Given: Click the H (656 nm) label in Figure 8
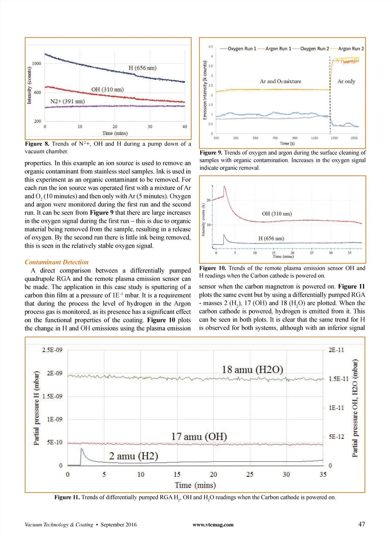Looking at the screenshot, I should pyautogui.click(x=142, y=68).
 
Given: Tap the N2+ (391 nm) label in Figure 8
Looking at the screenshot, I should pyautogui.click(x=67, y=101).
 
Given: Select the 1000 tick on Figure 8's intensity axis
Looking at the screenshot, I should pyautogui.click(x=37, y=64).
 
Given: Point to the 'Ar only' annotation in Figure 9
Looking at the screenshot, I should pyautogui.click(x=346, y=81).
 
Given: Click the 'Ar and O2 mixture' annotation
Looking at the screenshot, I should pyautogui.click(x=280, y=81).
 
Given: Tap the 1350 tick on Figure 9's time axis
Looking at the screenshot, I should pyautogui.click(x=334, y=138).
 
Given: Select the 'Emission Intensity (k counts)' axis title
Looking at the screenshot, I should pyautogui.click(x=205, y=90).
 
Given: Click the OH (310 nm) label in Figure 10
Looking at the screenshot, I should pyautogui.click(x=277, y=213).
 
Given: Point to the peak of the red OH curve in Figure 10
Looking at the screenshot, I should pyautogui.click(x=225, y=186).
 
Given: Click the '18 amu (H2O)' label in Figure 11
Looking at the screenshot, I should pyautogui.click(x=253, y=369).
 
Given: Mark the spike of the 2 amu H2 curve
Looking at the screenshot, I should pyautogui.click(x=82, y=449).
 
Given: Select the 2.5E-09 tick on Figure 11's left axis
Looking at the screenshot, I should pyautogui.click(x=52, y=350).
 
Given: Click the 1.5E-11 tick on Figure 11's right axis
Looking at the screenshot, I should pyautogui.click(x=339, y=379).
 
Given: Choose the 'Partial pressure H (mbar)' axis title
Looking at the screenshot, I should pyautogui.click(x=37, y=408).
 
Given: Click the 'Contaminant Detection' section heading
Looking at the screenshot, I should pyautogui.click(x=56, y=262).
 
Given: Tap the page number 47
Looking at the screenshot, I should pyautogui.click(x=361, y=524).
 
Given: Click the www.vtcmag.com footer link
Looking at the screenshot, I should pyautogui.click(x=213, y=525).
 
